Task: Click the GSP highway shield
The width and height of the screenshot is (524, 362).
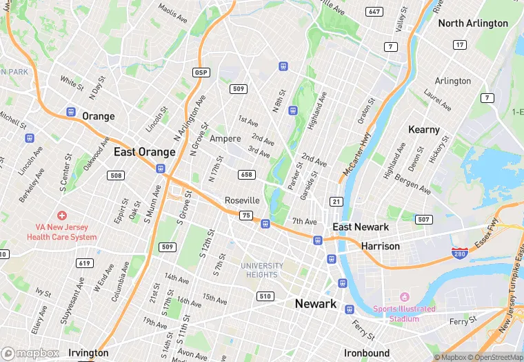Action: point(201,73)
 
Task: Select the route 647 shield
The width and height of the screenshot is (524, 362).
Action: point(375,12)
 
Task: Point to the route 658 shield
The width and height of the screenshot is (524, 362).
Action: point(247,175)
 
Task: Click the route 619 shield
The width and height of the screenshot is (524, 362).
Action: point(85,263)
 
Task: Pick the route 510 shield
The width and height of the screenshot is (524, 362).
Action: point(265,296)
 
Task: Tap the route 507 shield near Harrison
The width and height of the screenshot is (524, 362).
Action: point(424,220)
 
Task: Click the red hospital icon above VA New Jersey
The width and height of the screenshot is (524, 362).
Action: point(62,217)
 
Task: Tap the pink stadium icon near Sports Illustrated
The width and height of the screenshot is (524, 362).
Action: point(404,296)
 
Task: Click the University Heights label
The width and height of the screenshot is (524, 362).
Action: point(262,270)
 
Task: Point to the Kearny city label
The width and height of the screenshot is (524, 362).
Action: point(424,129)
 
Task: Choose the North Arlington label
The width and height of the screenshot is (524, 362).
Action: point(473,23)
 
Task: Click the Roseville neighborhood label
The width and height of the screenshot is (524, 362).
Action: point(242,200)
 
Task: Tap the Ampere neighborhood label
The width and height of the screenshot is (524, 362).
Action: point(225,139)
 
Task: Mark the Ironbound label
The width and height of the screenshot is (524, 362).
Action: point(367,352)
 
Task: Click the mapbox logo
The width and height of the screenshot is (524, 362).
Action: point(31,353)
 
